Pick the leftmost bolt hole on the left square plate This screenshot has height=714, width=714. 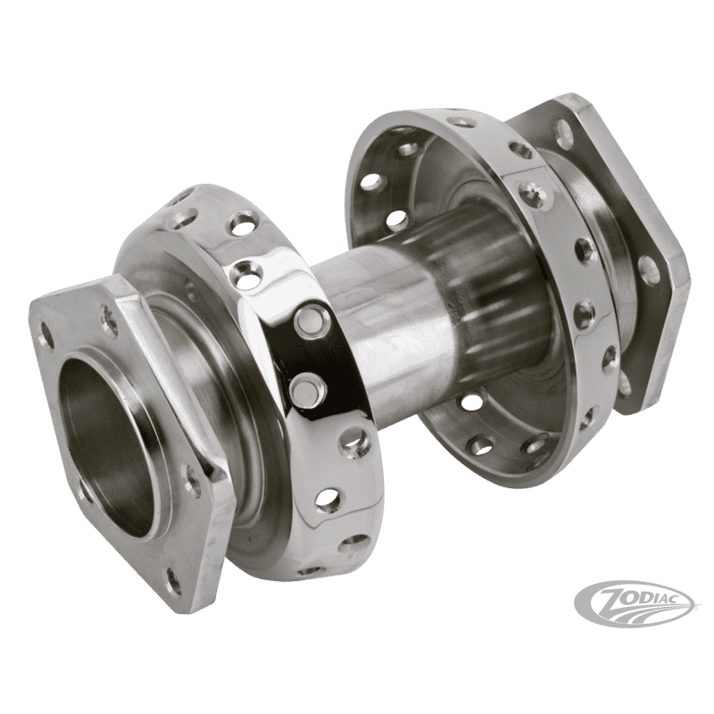[x=44, y=327]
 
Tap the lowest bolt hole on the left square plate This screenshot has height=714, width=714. [x=174, y=579]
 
